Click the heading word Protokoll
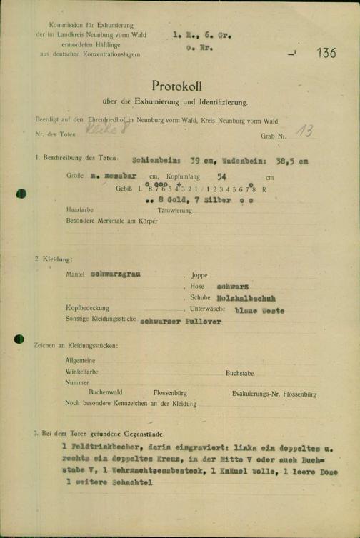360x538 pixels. click(x=179, y=85)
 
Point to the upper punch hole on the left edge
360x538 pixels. click(x=20, y=193)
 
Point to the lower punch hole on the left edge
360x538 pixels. click(x=19, y=339)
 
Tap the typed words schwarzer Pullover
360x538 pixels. click(x=181, y=322)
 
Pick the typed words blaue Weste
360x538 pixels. click(x=261, y=311)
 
